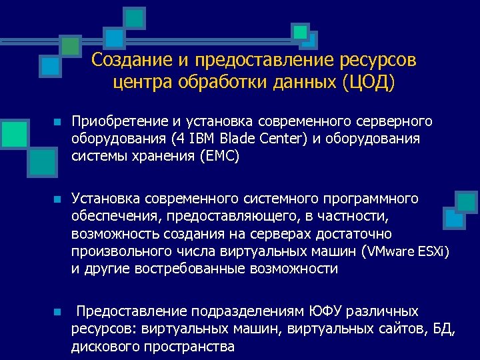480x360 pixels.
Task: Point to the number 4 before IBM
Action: point(175,139)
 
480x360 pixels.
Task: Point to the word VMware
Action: point(389,252)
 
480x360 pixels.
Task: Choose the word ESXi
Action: point(434,252)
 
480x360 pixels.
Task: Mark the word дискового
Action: point(107,346)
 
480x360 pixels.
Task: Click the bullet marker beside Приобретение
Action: point(58,123)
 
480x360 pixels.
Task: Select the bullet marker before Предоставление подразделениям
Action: point(58,312)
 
